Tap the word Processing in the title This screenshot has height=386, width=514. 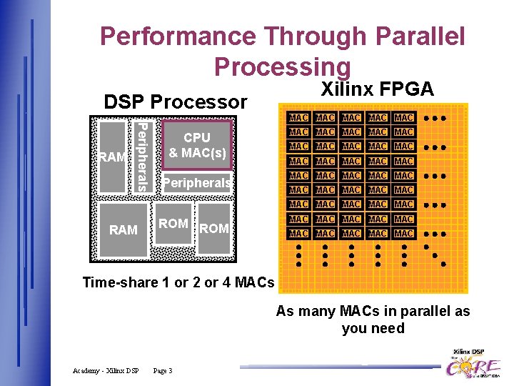click(282, 66)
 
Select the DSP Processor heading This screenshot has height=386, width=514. click(175, 102)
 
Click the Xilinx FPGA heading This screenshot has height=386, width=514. click(377, 89)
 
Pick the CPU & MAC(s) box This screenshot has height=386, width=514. click(197, 144)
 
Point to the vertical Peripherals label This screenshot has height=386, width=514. click(142, 157)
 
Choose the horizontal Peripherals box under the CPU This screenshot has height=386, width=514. click(197, 184)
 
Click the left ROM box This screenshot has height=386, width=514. click(173, 224)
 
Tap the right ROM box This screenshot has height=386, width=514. click(214, 229)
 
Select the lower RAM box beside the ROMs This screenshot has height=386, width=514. click(124, 230)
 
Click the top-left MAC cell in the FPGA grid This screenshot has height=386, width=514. click(298, 117)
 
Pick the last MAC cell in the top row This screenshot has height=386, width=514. click(404, 117)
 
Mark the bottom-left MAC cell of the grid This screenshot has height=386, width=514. click(298, 233)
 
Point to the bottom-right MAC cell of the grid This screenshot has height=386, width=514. click(404, 233)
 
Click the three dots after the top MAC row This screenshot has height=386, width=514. click(434, 117)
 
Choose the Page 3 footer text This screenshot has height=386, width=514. click(163, 370)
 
